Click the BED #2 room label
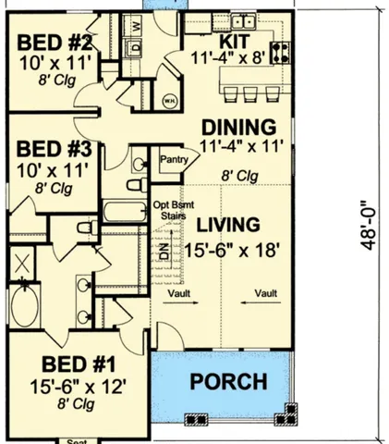[55, 43]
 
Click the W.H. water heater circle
[170, 99]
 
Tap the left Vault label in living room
[180, 294]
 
